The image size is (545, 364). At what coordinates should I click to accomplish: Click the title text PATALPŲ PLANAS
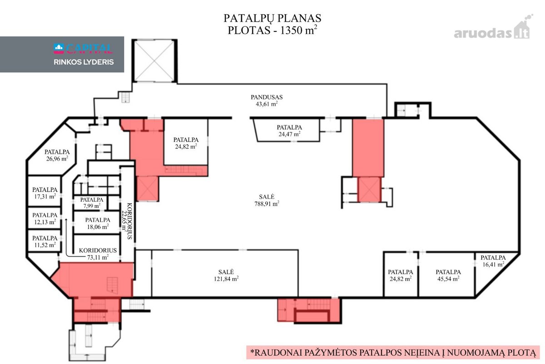click(272, 18)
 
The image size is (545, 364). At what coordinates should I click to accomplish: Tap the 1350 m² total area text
click(299, 30)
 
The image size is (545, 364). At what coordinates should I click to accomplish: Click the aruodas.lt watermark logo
click(493, 30)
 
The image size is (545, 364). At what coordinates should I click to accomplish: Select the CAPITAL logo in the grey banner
click(83, 49)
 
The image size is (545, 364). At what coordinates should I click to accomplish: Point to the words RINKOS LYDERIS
click(84, 62)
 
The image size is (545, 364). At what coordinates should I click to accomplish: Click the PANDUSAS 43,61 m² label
click(267, 101)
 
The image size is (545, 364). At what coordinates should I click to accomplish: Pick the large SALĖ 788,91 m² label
click(267, 200)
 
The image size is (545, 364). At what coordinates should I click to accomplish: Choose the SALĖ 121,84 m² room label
click(226, 275)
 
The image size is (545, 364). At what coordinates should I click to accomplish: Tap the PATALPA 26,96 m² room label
click(57, 155)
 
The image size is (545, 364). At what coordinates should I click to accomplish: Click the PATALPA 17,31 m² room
click(45, 193)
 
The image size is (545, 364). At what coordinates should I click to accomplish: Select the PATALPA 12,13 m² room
click(45, 218)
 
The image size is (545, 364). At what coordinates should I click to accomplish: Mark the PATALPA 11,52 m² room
click(45, 241)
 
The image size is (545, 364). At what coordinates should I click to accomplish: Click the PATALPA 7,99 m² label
click(92, 202)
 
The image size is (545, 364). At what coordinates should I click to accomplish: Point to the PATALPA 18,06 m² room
click(98, 223)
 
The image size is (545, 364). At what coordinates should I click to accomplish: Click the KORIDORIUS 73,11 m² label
click(98, 253)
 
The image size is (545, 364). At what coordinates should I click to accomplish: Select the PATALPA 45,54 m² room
click(448, 275)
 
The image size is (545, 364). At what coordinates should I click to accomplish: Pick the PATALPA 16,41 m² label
click(493, 261)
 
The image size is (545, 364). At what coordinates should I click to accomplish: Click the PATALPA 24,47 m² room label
click(289, 131)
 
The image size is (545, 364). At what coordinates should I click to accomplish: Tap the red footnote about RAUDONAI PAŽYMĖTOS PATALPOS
click(393, 352)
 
